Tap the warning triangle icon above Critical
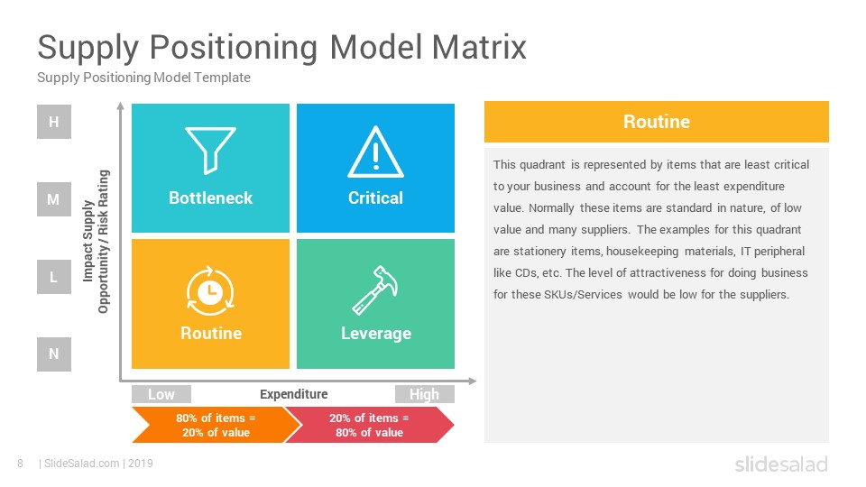pyautogui.click(x=375, y=152)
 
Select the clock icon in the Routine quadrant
pyautogui.click(x=210, y=291)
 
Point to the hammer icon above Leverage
pyautogui.click(x=375, y=289)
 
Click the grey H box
pyautogui.click(x=54, y=122)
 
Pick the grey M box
pyautogui.click(x=54, y=199)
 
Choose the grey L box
pyautogui.click(x=54, y=277)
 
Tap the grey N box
pyautogui.click(x=54, y=354)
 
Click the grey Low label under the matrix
pyautogui.click(x=161, y=394)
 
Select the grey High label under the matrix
pyautogui.click(x=425, y=394)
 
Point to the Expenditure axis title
pyautogui.click(x=294, y=394)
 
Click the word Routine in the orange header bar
pyautogui.click(x=657, y=122)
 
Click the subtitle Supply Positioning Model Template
pyautogui.click(x=143, y=78)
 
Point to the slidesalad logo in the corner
pyautogui.click(x=781, y=464)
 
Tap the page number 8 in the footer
pyautogui.click(x=21, y=464)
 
